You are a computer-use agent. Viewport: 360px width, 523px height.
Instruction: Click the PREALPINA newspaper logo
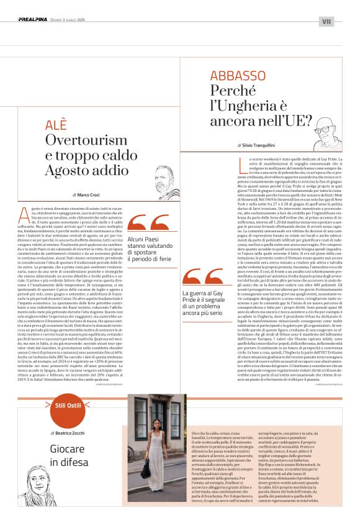34,20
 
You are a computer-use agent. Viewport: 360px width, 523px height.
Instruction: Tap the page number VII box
326,22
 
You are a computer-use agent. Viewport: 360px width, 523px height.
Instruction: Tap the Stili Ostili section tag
69,404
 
